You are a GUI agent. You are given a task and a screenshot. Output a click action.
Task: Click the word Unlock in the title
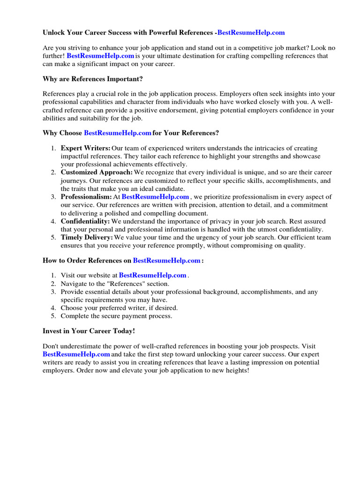click(x=54, y=33)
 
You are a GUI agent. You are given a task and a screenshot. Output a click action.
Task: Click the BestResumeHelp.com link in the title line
click(x=251, y=33)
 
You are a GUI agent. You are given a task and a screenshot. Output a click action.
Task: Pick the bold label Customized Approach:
click(x=97, y=172)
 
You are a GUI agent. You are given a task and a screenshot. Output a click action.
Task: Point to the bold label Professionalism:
click(x=86, y=197)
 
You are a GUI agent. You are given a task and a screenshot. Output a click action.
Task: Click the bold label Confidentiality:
click(x=85, y=221)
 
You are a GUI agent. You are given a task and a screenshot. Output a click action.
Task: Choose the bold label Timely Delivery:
click(x=87, y=238)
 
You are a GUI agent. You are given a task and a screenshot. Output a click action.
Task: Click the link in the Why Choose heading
click(x=117, y=133)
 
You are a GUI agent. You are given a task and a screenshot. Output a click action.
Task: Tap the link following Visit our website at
click(x=153, y=276)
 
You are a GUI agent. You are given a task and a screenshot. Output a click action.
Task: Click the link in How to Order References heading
click(x=167, y=260)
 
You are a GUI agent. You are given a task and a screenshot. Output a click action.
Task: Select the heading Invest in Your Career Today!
click(x=89, y=331)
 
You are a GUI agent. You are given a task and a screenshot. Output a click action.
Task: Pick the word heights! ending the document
click(x=236, y=370)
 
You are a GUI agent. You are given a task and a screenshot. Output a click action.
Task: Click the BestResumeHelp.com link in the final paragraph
click(x=76, y=354)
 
